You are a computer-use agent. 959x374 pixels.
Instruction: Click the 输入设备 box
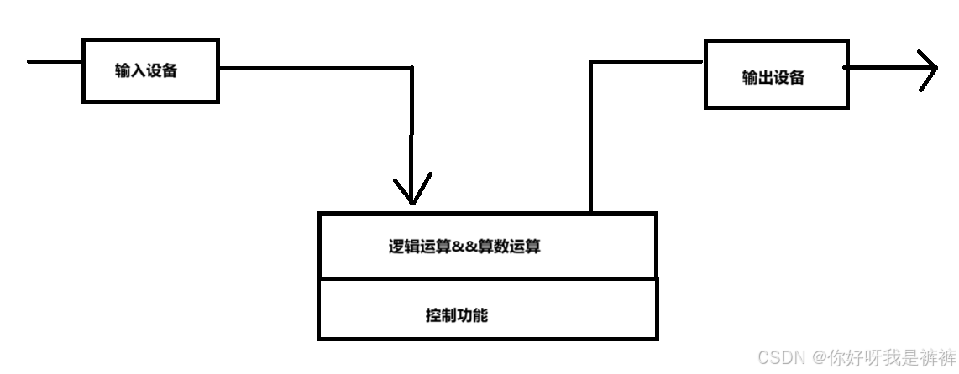(x=149, y=70)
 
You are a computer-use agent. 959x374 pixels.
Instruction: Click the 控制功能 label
(x=457, y=316)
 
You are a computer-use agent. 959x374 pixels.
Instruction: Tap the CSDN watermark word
(x=778, y=358)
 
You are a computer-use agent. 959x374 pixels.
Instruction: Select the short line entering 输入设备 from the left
(x=55, y=60)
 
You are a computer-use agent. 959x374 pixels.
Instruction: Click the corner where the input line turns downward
(x=411, y=68)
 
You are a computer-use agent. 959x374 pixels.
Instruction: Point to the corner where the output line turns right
(x=591, y=61)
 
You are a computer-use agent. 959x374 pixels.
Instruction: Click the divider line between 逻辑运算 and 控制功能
(x=487, y=278)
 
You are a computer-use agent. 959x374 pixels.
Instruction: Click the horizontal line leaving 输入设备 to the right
(x=315, y=68)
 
